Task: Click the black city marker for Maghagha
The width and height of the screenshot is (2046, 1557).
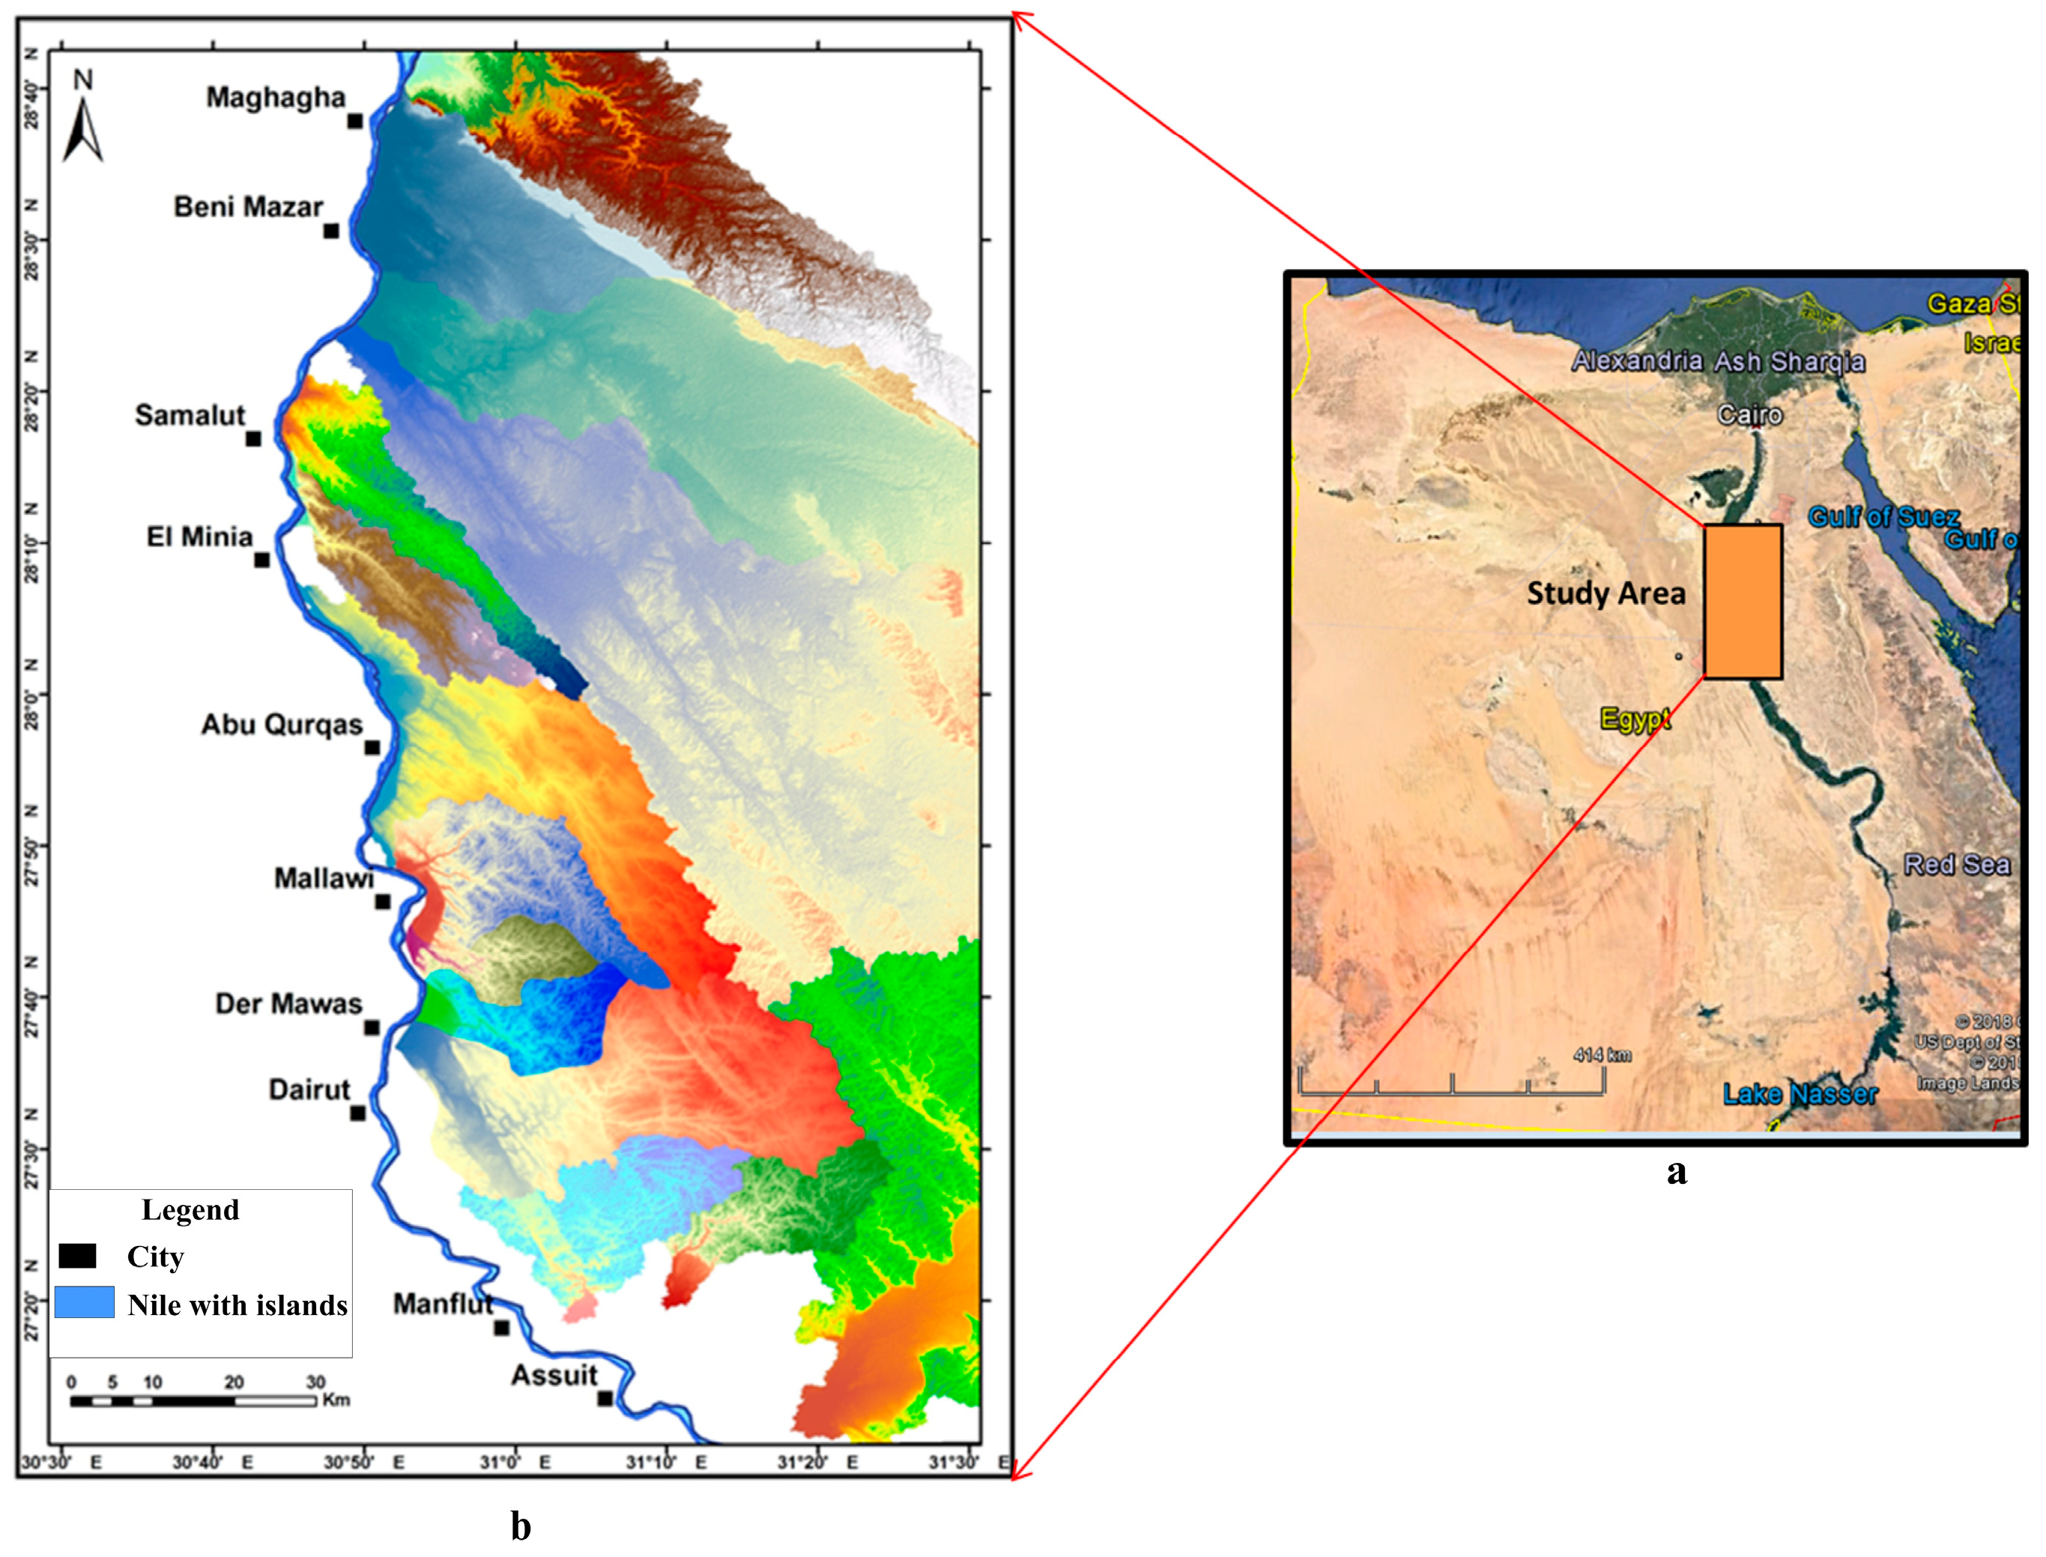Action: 355,121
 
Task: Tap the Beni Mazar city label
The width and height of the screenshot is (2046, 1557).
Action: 248,207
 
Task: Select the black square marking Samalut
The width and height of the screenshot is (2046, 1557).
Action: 253,438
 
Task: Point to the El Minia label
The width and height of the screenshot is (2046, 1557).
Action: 199,536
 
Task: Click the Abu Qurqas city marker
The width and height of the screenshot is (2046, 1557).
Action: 372,747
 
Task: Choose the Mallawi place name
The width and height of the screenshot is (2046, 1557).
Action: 324,877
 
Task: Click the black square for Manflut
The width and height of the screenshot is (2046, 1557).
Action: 501,1327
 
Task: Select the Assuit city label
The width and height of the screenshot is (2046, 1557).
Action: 554,1376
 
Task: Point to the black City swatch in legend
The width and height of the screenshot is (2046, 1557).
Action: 78,1256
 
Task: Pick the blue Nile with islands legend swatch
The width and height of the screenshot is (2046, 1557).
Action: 85,1302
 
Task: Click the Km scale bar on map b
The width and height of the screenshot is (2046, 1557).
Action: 194,1400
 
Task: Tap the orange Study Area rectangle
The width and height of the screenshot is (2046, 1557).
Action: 1742,602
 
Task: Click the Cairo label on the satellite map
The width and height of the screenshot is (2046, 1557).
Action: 1749,414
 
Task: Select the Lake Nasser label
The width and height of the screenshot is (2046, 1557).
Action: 1800,1094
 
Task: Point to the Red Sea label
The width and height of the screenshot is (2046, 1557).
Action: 1956,865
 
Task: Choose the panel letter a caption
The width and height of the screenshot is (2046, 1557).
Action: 1676,1173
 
